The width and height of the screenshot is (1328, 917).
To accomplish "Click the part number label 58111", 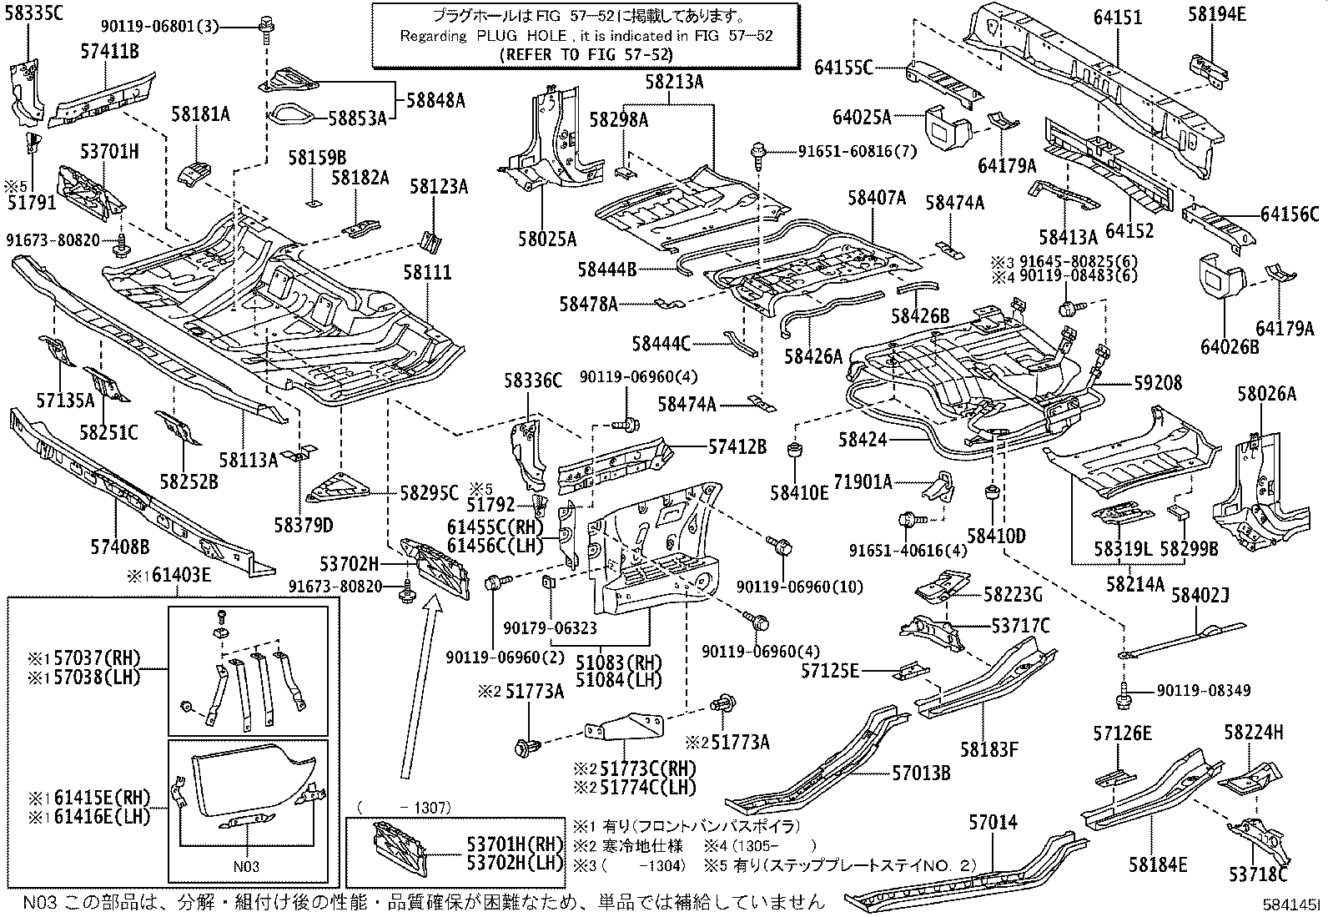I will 427,274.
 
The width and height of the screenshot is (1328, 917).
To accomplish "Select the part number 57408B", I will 120,547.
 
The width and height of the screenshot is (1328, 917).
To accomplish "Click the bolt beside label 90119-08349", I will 1124,691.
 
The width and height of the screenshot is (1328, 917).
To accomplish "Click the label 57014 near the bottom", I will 993,823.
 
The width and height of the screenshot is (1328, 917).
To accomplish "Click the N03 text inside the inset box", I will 247,866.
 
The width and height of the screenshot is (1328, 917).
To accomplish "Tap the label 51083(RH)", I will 618,663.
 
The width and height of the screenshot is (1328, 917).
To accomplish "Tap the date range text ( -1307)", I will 404,808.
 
